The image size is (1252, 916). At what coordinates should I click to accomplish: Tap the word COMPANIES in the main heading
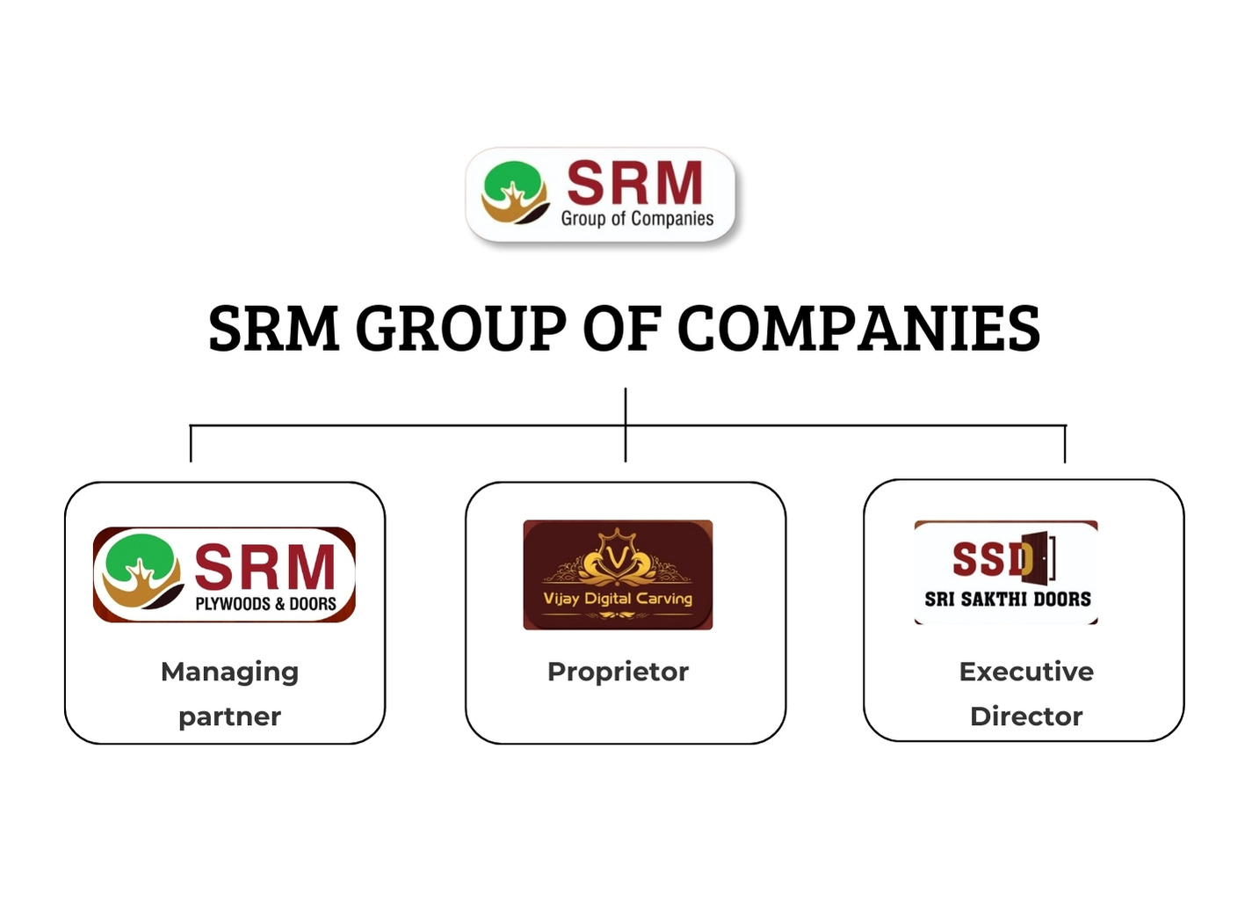point(858,329)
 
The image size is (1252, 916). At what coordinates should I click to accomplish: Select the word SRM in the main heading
point(273,329)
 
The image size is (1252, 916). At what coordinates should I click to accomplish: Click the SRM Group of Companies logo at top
point(601,194)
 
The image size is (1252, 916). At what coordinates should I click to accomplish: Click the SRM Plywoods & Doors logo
point(224,575)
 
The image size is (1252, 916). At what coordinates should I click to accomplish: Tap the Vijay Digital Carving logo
point(618,575)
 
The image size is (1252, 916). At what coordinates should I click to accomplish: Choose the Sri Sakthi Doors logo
point(1006,572)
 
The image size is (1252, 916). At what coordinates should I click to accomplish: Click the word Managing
point(229,672)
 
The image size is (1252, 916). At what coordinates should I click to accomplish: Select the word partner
point(229,716)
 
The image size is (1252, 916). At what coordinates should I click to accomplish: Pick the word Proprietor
point(618,672)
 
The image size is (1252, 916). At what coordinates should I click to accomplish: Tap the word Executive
point(1026,672)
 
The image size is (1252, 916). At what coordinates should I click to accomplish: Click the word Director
point(1026,716)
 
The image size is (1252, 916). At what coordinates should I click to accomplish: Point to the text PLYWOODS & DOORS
point(265,604)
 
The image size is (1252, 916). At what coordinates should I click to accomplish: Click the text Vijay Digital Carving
point(618,599)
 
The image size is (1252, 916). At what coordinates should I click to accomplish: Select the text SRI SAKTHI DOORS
point(1008,600)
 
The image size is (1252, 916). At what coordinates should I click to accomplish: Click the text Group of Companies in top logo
point(637,218)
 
